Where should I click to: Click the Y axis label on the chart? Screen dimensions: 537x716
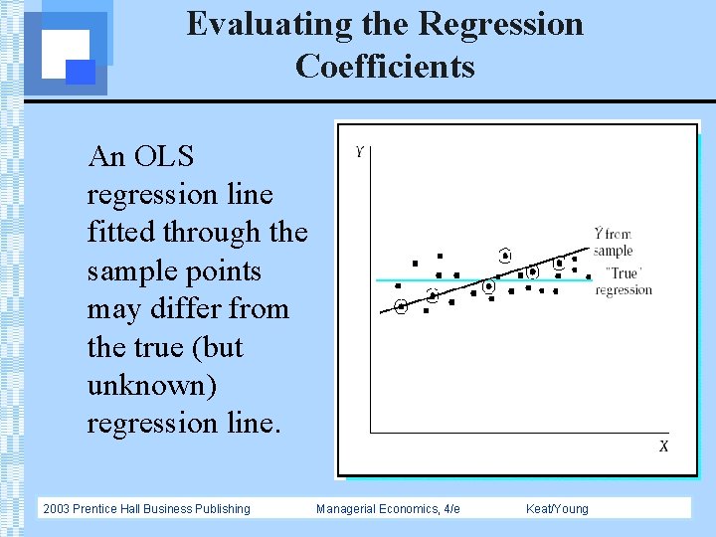point(359,152)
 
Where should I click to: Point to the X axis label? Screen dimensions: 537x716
point(663,447)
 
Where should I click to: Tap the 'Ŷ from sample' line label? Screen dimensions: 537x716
point(613,242)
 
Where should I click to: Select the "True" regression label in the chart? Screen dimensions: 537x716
point(624,281)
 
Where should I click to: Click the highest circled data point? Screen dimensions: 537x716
point(505,255)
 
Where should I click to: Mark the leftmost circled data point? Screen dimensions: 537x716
point(401,307)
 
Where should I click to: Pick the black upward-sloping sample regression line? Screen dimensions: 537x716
point(457,291)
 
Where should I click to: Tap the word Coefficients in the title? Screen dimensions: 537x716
point(385,67)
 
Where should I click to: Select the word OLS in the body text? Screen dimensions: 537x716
point(163,156)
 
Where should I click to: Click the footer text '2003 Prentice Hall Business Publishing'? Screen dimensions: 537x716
point(146,509)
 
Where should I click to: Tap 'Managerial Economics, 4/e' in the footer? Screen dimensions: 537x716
point(388,509)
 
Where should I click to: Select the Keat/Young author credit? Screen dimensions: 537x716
point(557,509)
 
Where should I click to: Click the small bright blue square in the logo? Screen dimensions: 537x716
point(81,72)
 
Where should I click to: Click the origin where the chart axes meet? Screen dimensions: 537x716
point(371,433)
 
